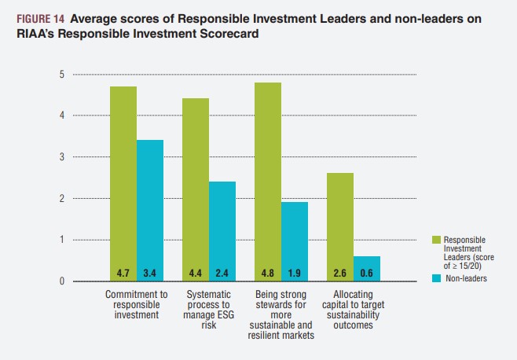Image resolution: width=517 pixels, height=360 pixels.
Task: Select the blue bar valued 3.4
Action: point(150,210)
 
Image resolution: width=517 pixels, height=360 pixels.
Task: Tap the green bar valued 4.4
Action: point(196,189)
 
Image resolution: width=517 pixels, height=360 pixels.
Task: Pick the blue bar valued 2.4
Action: point(222,231)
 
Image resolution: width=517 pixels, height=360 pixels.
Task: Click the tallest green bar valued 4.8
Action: point(268,182)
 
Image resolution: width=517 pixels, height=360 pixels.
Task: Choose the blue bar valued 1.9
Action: point(295,241)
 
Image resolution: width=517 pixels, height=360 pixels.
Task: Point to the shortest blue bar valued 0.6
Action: point(367,268)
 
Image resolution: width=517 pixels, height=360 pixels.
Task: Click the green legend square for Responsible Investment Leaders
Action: point(436,238)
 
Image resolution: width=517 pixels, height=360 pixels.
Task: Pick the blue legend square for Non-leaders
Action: point(436,277)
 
